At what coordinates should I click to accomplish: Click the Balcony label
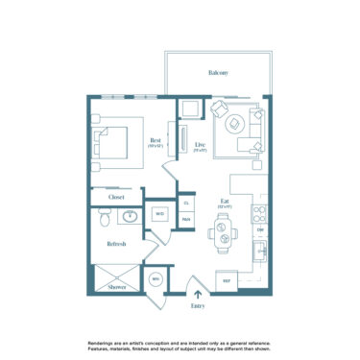(217, 73)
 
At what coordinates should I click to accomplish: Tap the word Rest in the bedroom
(156, 140)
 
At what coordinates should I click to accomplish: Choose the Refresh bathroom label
(116, 244)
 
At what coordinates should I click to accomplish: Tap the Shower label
(117, 286)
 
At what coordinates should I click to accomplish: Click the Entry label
(198, 305)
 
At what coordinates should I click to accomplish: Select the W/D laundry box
(158, 214)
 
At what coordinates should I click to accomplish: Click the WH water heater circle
(155, 279)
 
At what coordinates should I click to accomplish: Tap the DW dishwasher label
(259, 230)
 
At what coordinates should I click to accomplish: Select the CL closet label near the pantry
(186, 203)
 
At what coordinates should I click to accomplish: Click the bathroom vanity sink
(131, 215)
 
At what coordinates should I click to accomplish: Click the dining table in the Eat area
(223, 229)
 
